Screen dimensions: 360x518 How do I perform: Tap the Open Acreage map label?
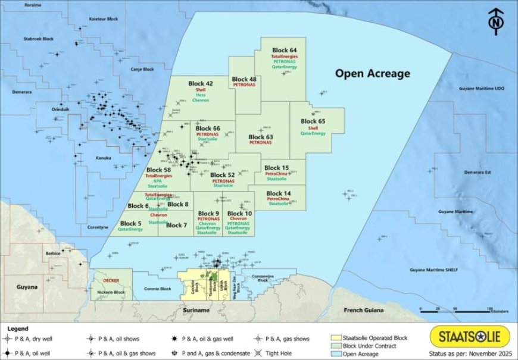373,74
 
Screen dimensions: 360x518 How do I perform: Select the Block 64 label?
285,49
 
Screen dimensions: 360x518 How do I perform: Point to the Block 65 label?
313,121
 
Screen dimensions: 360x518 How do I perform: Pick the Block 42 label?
200,83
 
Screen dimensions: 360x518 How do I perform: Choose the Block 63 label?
261,136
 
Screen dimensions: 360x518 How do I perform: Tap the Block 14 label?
278,193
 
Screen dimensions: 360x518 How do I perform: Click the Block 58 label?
158,170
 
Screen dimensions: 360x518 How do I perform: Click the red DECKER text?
111,280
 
